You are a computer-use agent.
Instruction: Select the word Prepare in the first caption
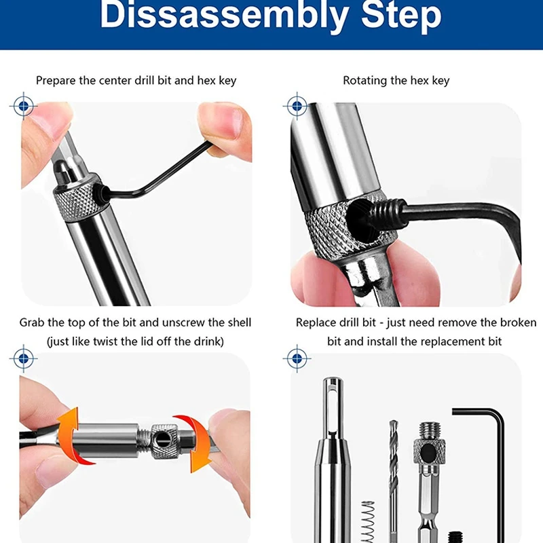coord(56,80)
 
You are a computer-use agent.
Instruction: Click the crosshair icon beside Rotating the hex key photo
coord(297,106)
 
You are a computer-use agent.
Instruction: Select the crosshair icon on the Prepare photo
coord(24,106)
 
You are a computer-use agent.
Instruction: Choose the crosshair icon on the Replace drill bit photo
coord(297,357)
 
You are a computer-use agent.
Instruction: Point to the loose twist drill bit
coord(393,475)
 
